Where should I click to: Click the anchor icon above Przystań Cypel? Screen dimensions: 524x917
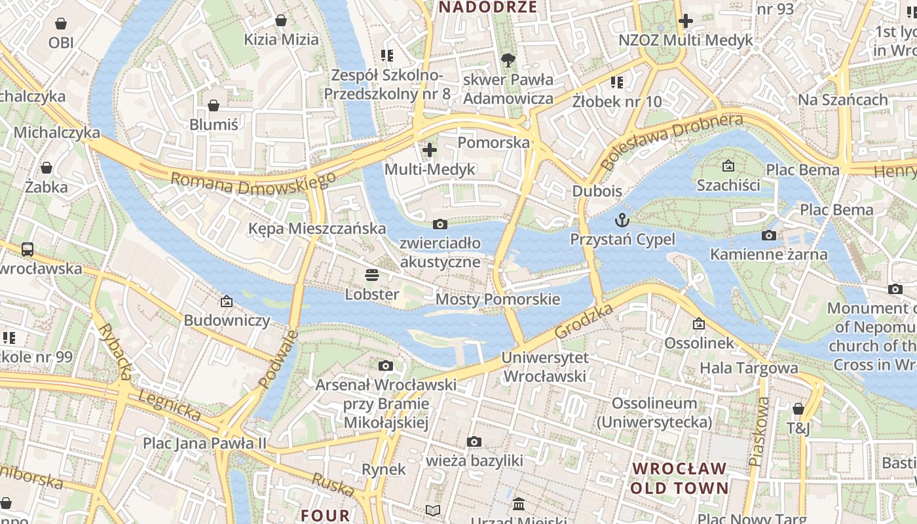(622, 220)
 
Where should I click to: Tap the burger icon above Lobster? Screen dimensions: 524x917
(372, 274)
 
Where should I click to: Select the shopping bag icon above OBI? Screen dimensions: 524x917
(61, 24)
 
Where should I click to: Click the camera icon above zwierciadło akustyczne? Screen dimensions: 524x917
(440, 224)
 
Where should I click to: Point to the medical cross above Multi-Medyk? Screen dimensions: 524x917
(430, 150)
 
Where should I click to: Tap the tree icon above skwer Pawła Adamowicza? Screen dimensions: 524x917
(508, 60)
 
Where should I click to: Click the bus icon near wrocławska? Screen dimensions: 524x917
(28, 249)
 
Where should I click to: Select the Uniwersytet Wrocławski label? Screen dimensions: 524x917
(545, 367)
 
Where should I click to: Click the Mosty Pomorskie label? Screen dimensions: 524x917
(498, 299)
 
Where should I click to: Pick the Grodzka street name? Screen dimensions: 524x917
(584, 321)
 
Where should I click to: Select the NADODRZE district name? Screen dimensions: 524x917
(488, 7)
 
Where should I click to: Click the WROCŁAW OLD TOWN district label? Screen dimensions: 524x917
(679, 478)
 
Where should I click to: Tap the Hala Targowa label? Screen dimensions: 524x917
(749, 368)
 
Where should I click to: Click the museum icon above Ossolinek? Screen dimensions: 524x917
(699, 324)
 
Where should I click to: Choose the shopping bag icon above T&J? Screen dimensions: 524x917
(798, 409)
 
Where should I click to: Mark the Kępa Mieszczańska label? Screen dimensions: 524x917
(317, 229)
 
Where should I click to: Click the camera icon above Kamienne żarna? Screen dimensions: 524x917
(769, 235)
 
